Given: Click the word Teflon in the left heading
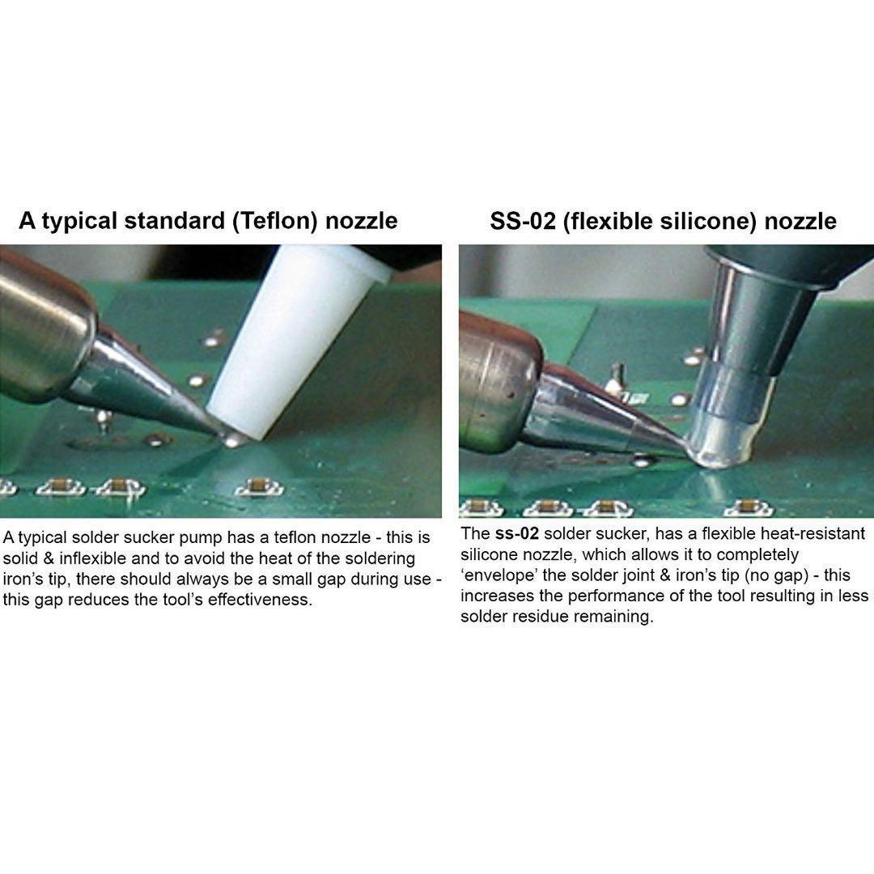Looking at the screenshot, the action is [x=275, y=221].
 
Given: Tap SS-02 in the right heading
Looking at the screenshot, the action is [x=523, y=221].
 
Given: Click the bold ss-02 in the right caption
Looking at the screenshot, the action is [x=516, y=534].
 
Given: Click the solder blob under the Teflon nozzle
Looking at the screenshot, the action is [x=234, y=440].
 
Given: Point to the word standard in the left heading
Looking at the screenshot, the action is [x=174, y=221].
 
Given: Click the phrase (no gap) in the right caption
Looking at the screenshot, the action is [x=776, y=575].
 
